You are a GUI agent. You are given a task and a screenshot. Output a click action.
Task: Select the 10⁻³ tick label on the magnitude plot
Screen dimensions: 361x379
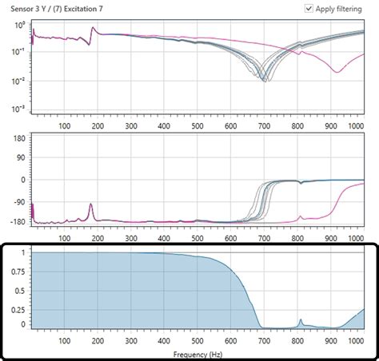[x=19, y=109]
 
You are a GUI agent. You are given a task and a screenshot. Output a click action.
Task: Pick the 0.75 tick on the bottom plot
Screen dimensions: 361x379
[x=18, y=271]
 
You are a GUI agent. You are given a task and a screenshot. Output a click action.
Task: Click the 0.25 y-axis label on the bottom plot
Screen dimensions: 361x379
[x=18, y=307]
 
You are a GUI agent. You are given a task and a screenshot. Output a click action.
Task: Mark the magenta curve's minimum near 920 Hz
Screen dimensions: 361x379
[x=337, y=72]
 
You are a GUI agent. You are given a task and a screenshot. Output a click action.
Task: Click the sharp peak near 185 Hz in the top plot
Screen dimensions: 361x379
[x=92, y=29]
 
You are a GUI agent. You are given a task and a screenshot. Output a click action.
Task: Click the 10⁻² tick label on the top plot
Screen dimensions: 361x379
[x=19, y=81]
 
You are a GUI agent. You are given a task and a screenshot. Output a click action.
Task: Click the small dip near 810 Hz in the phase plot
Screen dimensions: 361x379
[x=300, y=183]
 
